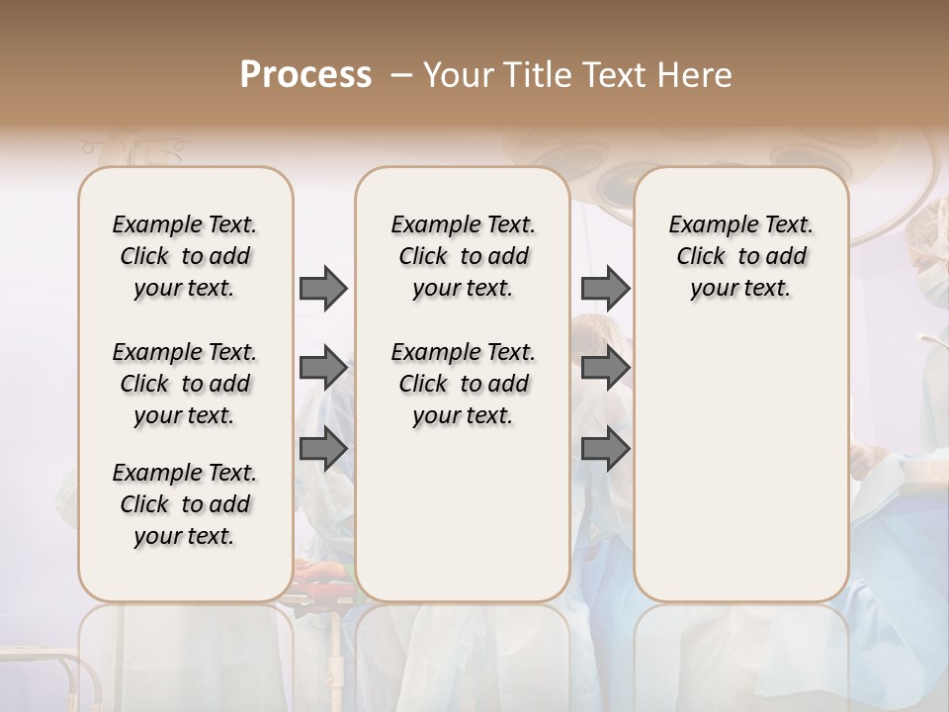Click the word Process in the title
305,75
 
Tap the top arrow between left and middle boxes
323,288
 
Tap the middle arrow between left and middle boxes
323,369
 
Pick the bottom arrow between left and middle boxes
323,450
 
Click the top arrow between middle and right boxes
605,288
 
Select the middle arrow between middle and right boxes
605,369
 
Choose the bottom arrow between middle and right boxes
605,450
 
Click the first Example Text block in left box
185,256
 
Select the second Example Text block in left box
185,384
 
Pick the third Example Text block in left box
185,504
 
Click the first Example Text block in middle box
463,256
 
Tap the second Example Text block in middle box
463,384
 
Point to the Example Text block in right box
740,256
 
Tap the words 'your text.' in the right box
740,289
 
